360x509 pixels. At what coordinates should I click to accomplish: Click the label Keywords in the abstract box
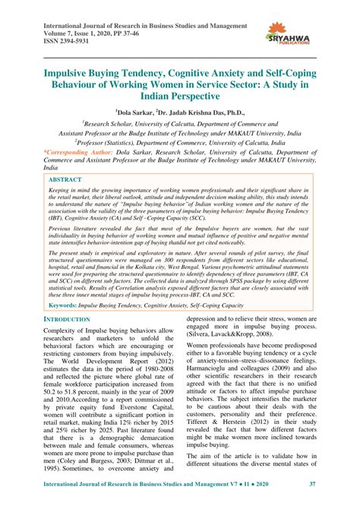65,326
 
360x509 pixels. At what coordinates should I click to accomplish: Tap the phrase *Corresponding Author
71,152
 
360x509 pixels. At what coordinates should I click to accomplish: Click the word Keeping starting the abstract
63,191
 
